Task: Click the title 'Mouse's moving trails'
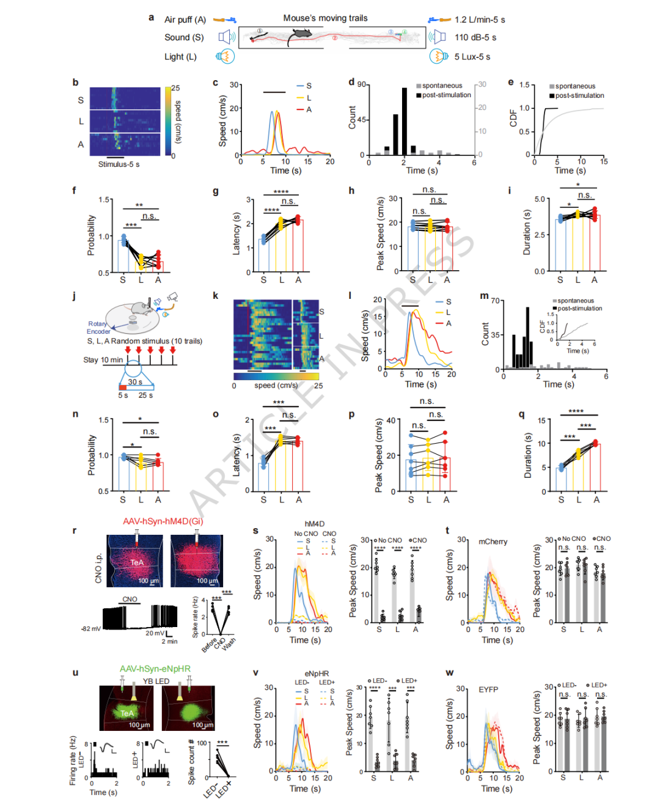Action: (325, 18)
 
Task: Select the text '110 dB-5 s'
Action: (475, 37)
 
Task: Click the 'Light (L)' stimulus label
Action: (180, 57)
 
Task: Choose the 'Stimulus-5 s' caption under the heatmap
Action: (119, 164)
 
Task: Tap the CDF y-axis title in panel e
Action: (513, 118)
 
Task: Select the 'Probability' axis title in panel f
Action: (91, 235)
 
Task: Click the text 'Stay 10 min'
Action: (103, 360)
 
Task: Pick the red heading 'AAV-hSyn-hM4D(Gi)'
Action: (163, 521)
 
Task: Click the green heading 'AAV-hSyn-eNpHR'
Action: (155, 669)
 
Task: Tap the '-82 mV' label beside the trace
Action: (91, 628)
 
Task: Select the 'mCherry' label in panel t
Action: (493, 541)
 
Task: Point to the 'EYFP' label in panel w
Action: (488, 689)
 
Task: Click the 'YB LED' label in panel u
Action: (156, 681)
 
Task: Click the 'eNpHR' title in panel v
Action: (317, 673)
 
